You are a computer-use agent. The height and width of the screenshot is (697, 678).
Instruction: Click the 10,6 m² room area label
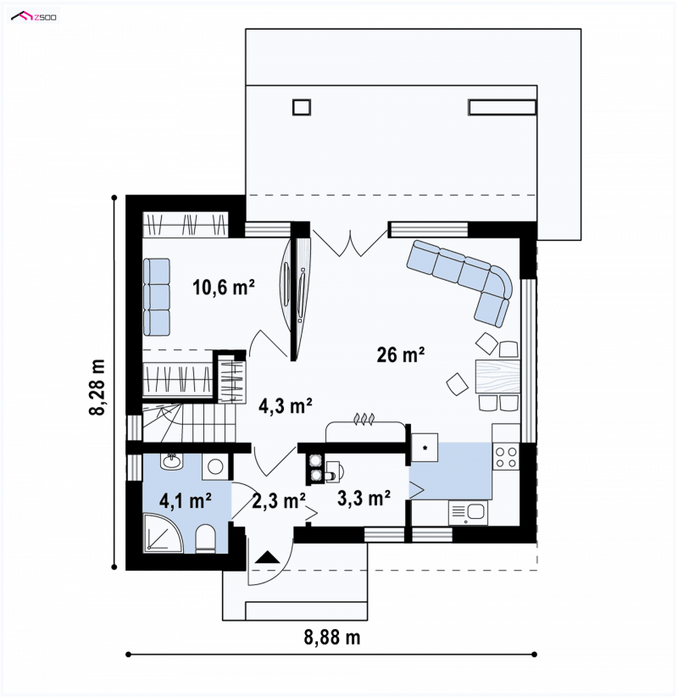point(224,287)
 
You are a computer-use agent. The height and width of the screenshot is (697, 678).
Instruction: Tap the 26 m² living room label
point(400,354)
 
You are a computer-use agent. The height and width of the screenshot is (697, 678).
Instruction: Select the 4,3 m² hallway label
point(286,405)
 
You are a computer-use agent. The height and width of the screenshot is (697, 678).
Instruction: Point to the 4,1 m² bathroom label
point(185,501)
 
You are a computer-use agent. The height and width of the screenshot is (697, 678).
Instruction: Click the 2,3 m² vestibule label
point(279,501)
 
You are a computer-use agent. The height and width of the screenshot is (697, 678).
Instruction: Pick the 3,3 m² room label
point(364,498)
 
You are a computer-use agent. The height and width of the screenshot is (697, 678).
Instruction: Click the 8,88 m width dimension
point(332,638)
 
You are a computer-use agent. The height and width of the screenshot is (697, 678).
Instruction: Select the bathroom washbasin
point(171,461)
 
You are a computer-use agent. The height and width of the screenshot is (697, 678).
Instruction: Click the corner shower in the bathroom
point(163,533)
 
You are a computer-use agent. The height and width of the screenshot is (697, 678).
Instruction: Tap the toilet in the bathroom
point(205,538)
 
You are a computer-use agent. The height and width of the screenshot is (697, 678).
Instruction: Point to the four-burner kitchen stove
point(506,457)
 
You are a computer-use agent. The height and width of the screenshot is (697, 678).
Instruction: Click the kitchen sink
point(468,513)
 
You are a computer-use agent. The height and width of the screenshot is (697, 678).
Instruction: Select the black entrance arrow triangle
point(268,557)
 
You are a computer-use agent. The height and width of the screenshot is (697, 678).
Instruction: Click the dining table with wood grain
point(497,376)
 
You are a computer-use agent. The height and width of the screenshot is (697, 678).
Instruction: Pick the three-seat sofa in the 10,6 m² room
point(157,297)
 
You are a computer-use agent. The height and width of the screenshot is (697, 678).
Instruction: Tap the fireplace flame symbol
point(364,420)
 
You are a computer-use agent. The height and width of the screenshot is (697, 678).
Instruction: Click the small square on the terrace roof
point(301,107)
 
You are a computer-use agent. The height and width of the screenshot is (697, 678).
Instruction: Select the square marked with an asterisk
point(425,448)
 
